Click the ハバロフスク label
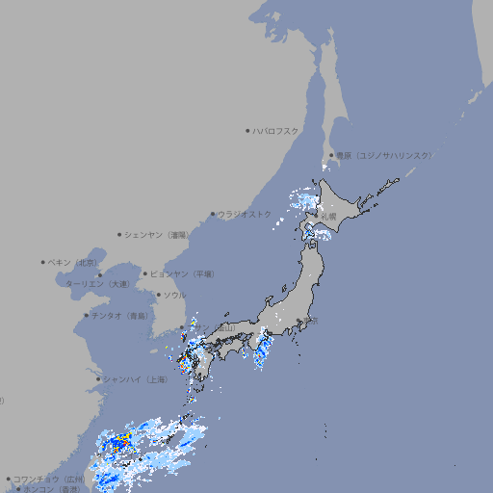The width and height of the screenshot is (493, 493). [x=276, y=130]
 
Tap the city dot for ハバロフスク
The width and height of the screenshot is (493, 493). [x=247, y=130]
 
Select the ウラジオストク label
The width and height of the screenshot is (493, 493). [x=245, y=214]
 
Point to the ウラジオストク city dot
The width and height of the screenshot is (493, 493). [x=213, y=214]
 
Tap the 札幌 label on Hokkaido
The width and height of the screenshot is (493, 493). [x=328, y=217]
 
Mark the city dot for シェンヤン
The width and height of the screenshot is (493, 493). [x=120, y=234]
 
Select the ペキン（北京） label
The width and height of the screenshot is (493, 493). [x=73, y=262]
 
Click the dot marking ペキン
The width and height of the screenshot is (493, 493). [x=43, y=262]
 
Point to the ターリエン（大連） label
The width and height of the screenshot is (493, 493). [x=96, y=284]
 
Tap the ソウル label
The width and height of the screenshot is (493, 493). [x=174, y=295]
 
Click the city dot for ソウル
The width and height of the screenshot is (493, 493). [x=157, y=295]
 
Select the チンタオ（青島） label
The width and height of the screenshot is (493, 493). [x=119, y=316]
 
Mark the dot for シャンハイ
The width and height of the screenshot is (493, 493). [x=98, y=379]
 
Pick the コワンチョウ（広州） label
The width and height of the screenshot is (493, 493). [x=48, y=479]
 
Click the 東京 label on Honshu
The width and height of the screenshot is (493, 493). [x=309, y=321]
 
